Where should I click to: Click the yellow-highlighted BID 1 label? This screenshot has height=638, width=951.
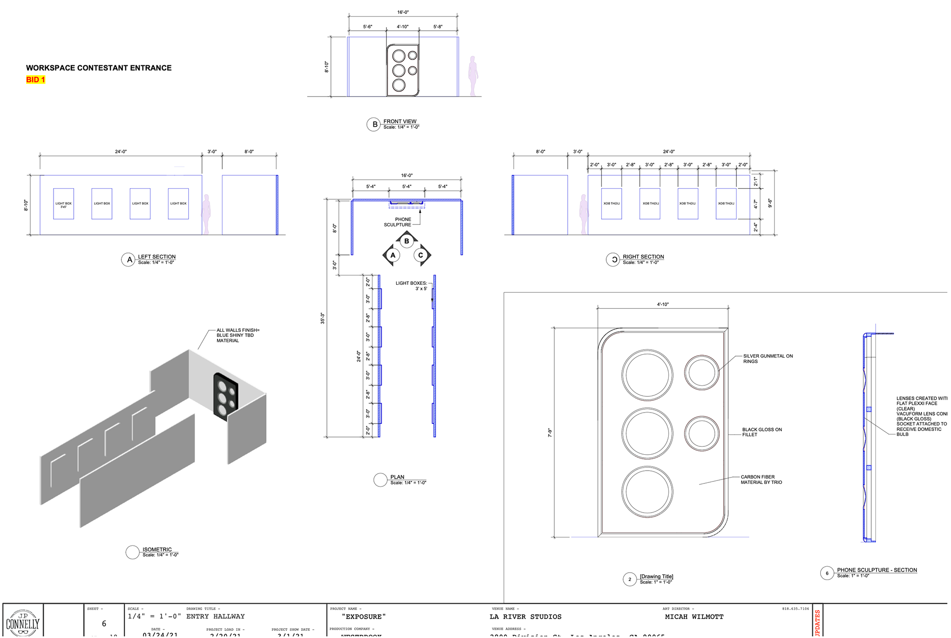[36, 80]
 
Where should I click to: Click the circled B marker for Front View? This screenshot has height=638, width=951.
[374, 124]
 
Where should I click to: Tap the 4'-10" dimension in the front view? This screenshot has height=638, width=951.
[402, 27]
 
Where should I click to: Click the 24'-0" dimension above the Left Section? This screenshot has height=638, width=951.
[121, 152]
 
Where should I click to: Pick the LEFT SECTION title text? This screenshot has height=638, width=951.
[157, 257]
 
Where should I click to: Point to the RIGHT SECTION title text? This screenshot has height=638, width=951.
[643, 257]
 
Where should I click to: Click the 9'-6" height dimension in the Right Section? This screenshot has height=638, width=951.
[770, 203]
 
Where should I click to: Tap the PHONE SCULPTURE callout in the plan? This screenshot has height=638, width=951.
[398, 222]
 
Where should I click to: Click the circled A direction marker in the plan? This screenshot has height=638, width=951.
[393, 256]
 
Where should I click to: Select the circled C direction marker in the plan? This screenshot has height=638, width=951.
[421, 256]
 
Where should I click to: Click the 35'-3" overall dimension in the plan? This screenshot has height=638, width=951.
[322, 318]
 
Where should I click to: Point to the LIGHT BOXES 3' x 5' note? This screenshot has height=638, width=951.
[411, 286]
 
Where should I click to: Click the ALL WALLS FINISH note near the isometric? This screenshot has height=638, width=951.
[237, 335]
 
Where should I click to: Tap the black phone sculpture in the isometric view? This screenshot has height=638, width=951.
[226, 395]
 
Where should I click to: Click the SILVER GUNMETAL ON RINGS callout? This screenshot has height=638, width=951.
[767, 359]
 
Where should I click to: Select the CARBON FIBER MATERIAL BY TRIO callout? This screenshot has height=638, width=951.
[761, 479]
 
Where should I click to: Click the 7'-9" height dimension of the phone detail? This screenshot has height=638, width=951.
[550, 432]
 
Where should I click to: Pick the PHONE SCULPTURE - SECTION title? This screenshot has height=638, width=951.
[877, 570]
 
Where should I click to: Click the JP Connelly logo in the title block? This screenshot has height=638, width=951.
[23, 622]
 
